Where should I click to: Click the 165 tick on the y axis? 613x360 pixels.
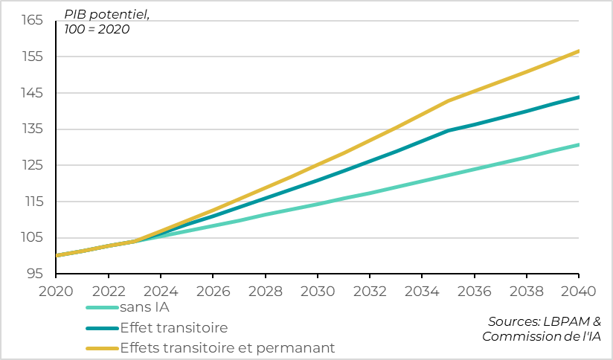pos(32,20)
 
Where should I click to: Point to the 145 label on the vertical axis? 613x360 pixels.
pos(32,93)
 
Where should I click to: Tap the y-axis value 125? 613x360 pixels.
pos(32,165)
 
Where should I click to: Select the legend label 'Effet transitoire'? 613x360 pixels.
pos(174,327)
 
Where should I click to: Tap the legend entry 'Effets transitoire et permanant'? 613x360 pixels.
pos(227,347)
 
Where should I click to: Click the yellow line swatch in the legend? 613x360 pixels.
pos(102,347)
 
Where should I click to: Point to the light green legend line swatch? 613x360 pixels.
pos(102,307)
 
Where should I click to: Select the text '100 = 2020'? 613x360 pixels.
pos(96,30)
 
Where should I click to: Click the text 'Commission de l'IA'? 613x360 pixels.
pos(542,336)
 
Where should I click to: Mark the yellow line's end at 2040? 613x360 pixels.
pos(579,51)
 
